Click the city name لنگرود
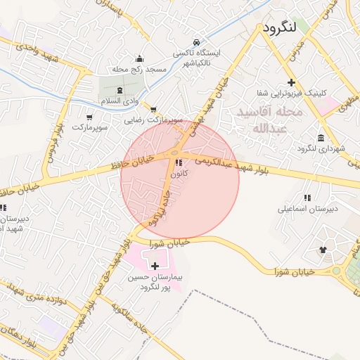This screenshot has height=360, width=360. pos(288,27)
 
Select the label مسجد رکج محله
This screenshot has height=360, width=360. pos(139,70)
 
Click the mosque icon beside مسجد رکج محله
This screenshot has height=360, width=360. pos(139,58)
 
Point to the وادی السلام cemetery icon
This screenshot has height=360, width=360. pos(119,91)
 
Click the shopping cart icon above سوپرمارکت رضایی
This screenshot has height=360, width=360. pos(153,109)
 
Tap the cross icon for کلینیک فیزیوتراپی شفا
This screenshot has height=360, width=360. pos(291,83)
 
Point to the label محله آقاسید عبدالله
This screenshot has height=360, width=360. pos(269,120)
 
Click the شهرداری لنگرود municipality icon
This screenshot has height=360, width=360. pos(321,136)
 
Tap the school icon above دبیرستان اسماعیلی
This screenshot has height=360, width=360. pos(307,198)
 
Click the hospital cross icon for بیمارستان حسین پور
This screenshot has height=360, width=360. pos(155,266)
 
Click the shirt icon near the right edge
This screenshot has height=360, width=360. pos(323,249)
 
